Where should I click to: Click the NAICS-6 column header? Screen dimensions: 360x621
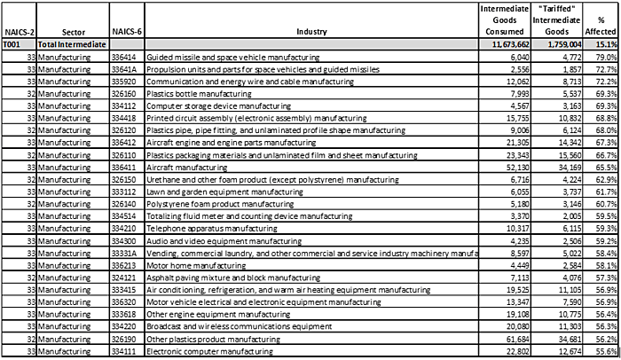point(125,29)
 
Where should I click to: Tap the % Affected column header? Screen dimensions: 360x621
point(605,24)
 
